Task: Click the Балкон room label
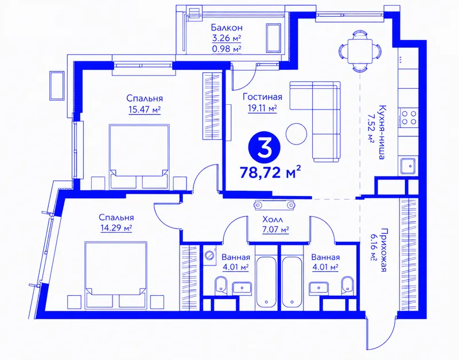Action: (227, 28)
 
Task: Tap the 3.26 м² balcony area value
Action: (227, 38)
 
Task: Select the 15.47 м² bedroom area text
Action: (145, 109)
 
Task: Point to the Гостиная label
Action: (262, 97)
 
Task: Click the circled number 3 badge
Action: (264, 147)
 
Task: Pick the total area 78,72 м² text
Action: (270, 172)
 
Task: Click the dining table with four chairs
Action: (360, 51)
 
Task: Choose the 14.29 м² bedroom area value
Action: (116, 228)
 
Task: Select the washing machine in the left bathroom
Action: (210, 255)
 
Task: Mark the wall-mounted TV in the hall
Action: (274, 205)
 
